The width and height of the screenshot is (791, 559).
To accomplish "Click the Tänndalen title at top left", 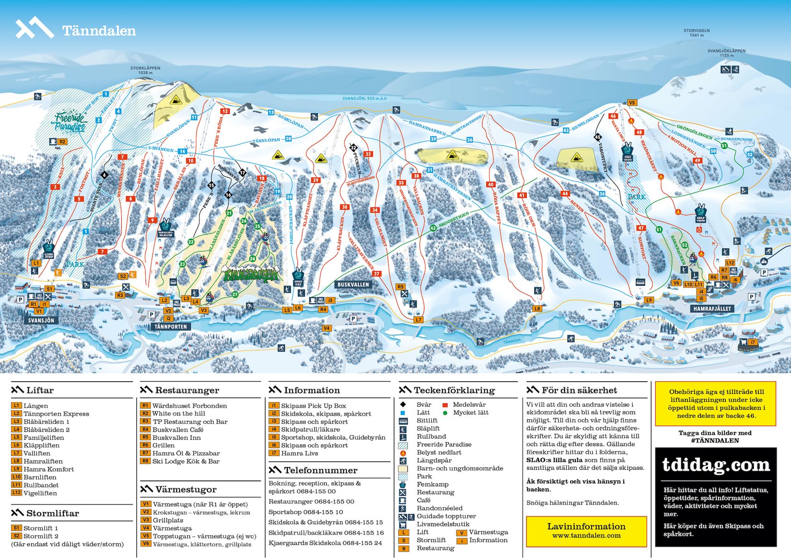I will pyautogui.click(x=99, y=31).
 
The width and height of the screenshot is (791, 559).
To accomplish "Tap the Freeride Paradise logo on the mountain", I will pyautogui.click(x=70, y=122).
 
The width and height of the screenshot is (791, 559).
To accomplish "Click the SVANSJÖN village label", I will pyautogui.click(x=41, y=320).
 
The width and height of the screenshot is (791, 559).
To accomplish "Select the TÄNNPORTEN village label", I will pyautogui.click(x=171, y=326).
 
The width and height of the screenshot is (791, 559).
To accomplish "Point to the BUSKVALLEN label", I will pyautogui.click(x=353, y=285).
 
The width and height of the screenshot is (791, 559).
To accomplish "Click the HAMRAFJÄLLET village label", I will pyautogui.click(x=712, y=308).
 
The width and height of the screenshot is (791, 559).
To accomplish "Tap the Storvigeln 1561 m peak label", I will pyautogui.click(x=697, y=33).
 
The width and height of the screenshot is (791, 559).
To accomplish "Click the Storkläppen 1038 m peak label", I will pyautogui.click(x=145, y=70).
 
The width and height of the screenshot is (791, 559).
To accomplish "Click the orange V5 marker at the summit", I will pyautogui.click(x=631, y=103).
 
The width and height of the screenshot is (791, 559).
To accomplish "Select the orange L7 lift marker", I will pyautogui.click(x=419, y=319).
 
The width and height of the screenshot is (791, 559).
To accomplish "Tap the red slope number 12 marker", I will pyautogui.click(x=225, y=111).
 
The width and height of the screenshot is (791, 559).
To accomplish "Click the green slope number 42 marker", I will pyautogui.click(x=433, y=228).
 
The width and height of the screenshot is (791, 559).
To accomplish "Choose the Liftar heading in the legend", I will pyautogui.click(x=40, y=390).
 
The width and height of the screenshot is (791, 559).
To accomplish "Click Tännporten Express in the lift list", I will pyautogui.click(x=56, y=414).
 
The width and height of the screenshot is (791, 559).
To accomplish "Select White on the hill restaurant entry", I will pyautogui.click(x=178, y=413).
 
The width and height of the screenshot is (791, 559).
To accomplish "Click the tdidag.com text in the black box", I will pyautogui.click(x=716, y=465).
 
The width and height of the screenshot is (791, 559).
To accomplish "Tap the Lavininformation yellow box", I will pyautogui.click(x=586, y=530).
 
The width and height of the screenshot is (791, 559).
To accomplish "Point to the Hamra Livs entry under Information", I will pyautogui.click(x=299, y=453).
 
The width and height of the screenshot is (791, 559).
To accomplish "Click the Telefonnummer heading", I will pyautogui.click(x=320, y=470).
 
